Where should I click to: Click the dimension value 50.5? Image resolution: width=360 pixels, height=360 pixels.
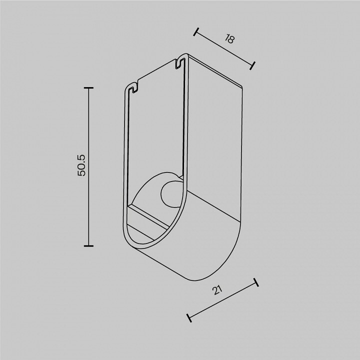click(x=81, y=165)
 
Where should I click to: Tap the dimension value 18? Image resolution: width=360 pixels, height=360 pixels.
click(x=229, y=38)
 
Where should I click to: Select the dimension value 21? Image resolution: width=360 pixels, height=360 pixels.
click(x=217, y=290)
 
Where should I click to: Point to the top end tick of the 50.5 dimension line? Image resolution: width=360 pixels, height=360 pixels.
click(x=88, y=87)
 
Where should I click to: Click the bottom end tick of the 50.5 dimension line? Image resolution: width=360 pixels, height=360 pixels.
click(x=88, y=246)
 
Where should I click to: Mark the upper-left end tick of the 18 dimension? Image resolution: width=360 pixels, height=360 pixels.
click(x=196, y=32)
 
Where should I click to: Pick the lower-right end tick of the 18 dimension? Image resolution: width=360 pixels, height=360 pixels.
click(x=252, y=65)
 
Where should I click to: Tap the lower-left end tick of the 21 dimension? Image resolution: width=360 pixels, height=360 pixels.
click(x=189, y=318)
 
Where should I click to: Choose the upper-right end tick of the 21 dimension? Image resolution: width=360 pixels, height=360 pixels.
click(x=256, y=282)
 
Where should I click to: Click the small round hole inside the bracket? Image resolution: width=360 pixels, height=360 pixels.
click(x=171, y=193)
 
